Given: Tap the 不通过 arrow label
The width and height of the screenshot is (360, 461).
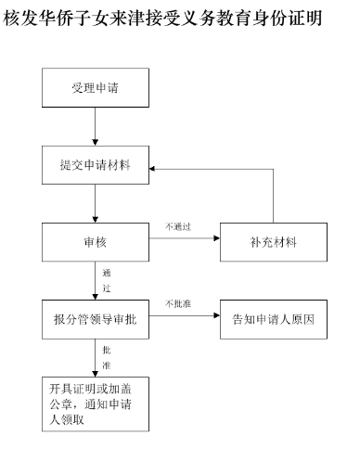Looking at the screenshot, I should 178,226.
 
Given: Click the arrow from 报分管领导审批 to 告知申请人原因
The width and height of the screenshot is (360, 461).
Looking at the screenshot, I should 181,320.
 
